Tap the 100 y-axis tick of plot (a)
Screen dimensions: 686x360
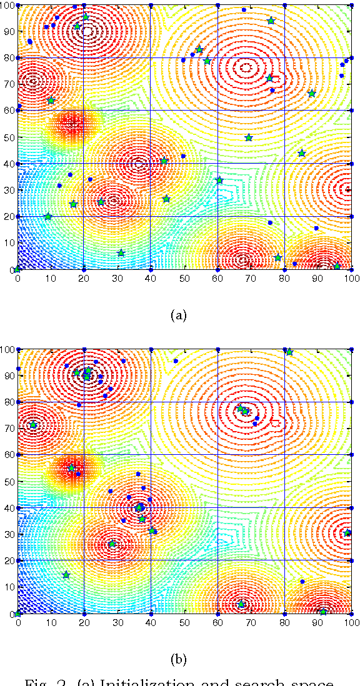[x=7, y=6]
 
